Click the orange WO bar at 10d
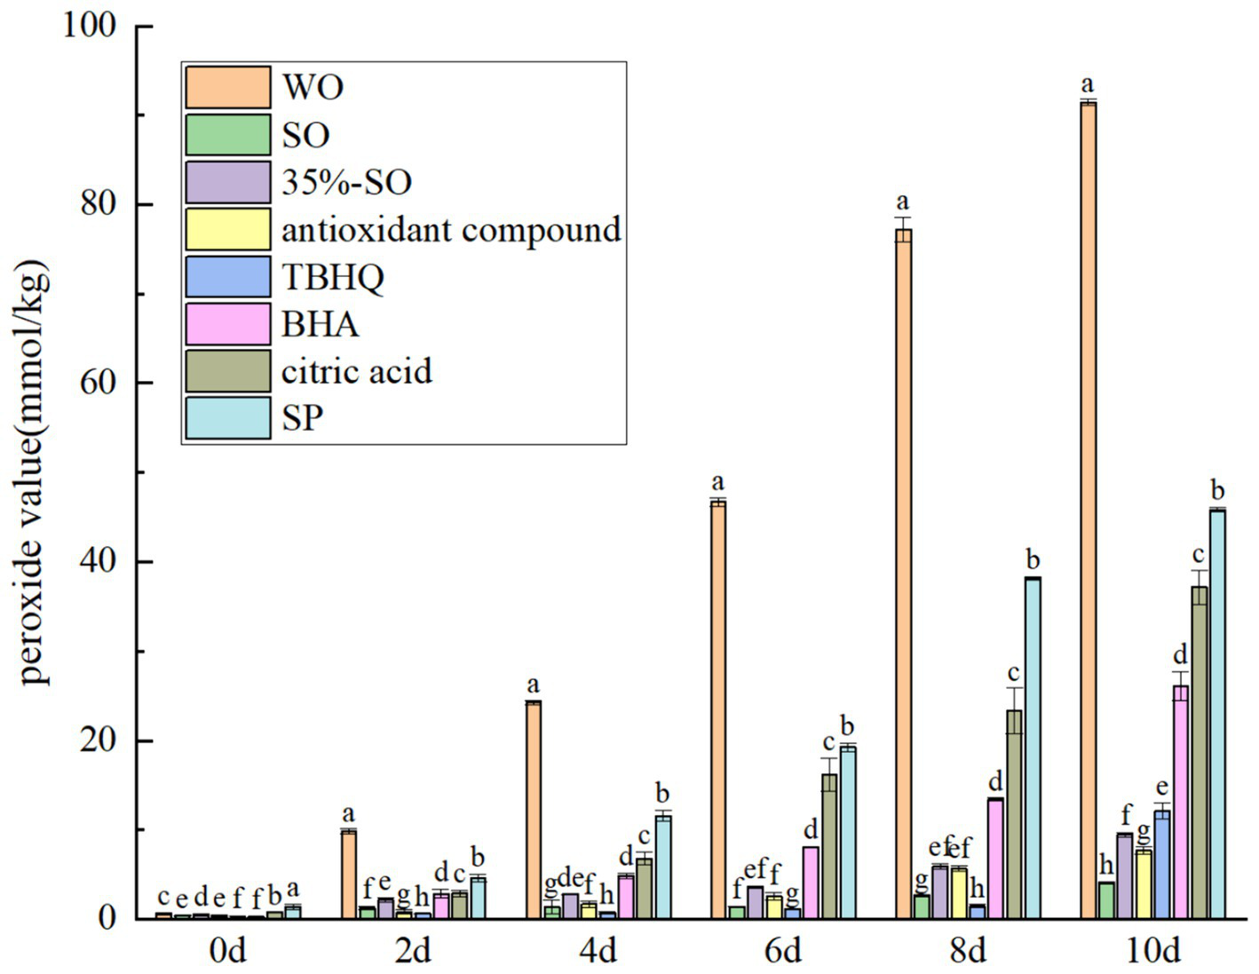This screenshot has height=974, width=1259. (1088, 511)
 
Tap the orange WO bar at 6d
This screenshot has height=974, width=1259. (717, 709)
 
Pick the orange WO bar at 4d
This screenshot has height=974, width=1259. (533, 810)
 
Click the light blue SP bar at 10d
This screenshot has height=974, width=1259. (1217, 714)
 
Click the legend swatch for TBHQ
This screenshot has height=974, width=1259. (228, 277)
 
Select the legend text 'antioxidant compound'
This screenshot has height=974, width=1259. (451, 230)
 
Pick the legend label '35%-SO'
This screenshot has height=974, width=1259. (346, 183)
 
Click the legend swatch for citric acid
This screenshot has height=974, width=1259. (228, 371)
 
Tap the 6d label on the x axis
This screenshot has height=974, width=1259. (782, 952)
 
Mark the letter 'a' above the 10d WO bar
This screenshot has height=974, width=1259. (1088, 85)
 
